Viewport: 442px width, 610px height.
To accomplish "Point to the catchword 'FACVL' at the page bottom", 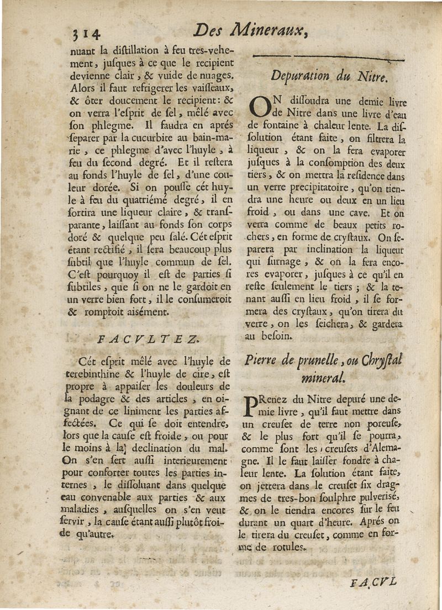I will tap(373, 581).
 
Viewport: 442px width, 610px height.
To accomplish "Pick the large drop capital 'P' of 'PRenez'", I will tap(250, 405).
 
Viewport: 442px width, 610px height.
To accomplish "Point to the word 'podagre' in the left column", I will tap(99, 399).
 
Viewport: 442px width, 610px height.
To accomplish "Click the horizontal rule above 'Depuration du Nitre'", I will tap(329, 57).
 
